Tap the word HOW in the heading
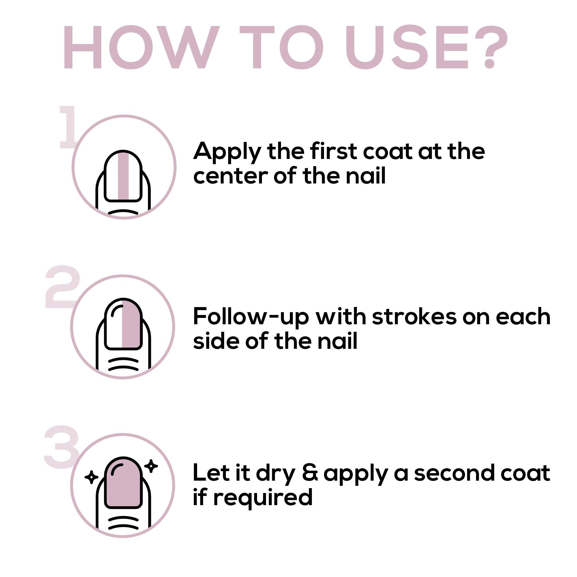point(142,47)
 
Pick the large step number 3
point(61,446)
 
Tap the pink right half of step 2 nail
point(131,324)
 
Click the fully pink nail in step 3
point(123,483)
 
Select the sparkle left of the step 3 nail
point(91,477)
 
